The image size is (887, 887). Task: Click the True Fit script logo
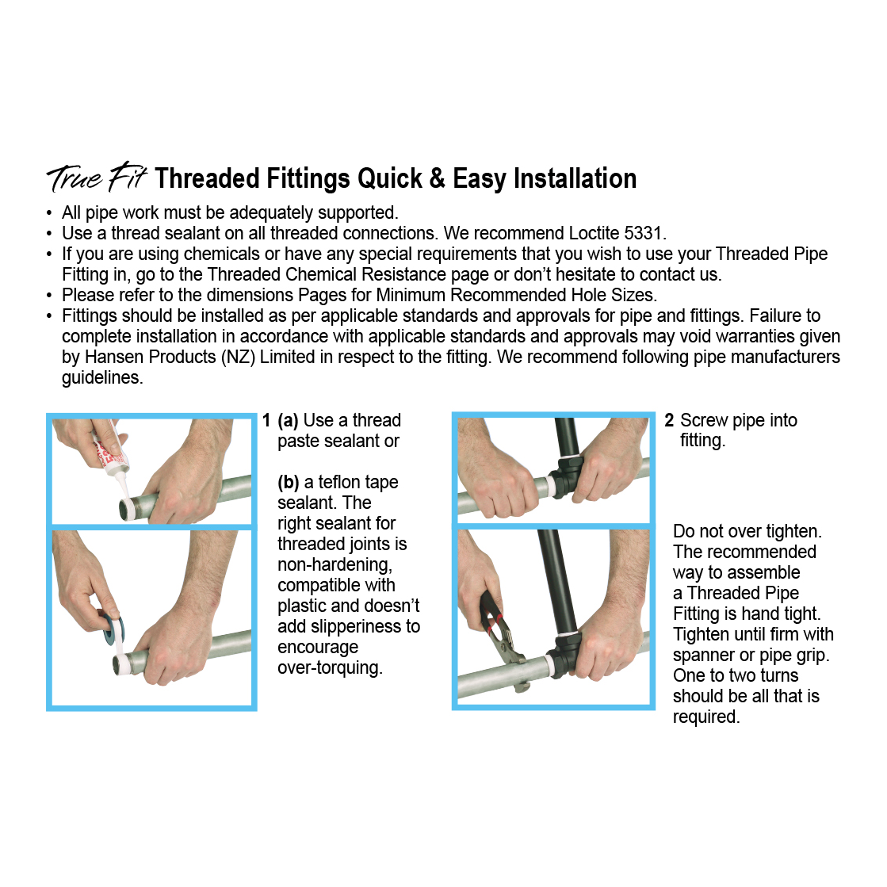click(x=97, y=178)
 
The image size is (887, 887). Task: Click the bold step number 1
click(x=266, y=421)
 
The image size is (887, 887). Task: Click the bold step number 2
click(x=669, y=421)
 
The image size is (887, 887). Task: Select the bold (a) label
click(x=288, y=421)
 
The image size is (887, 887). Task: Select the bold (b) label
click(x=289, y=483)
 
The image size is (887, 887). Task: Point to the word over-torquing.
click(x=330, y=668)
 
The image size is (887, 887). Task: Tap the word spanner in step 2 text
click(x=703, y=656)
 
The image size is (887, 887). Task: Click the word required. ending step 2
click(x=706, y=717)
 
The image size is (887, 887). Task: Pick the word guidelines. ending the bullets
click(x=102, y=377)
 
